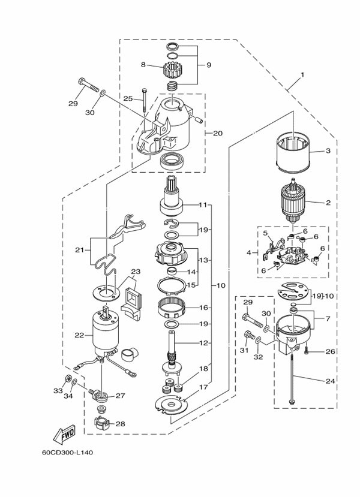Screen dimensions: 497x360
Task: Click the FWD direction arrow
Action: [x=64, y=433]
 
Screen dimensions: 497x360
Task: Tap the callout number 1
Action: [x=302, y=75]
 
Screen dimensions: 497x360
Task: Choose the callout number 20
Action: [x=217, y=133]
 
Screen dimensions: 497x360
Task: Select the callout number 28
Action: [x=121, y=424]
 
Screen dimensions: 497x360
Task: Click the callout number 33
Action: [x=58, y=390]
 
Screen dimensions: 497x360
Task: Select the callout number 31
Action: [x=244, y=351]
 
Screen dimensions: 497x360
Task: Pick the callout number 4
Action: [x=247, y=253]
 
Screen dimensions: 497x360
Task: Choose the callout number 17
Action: [x=203, y=387]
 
